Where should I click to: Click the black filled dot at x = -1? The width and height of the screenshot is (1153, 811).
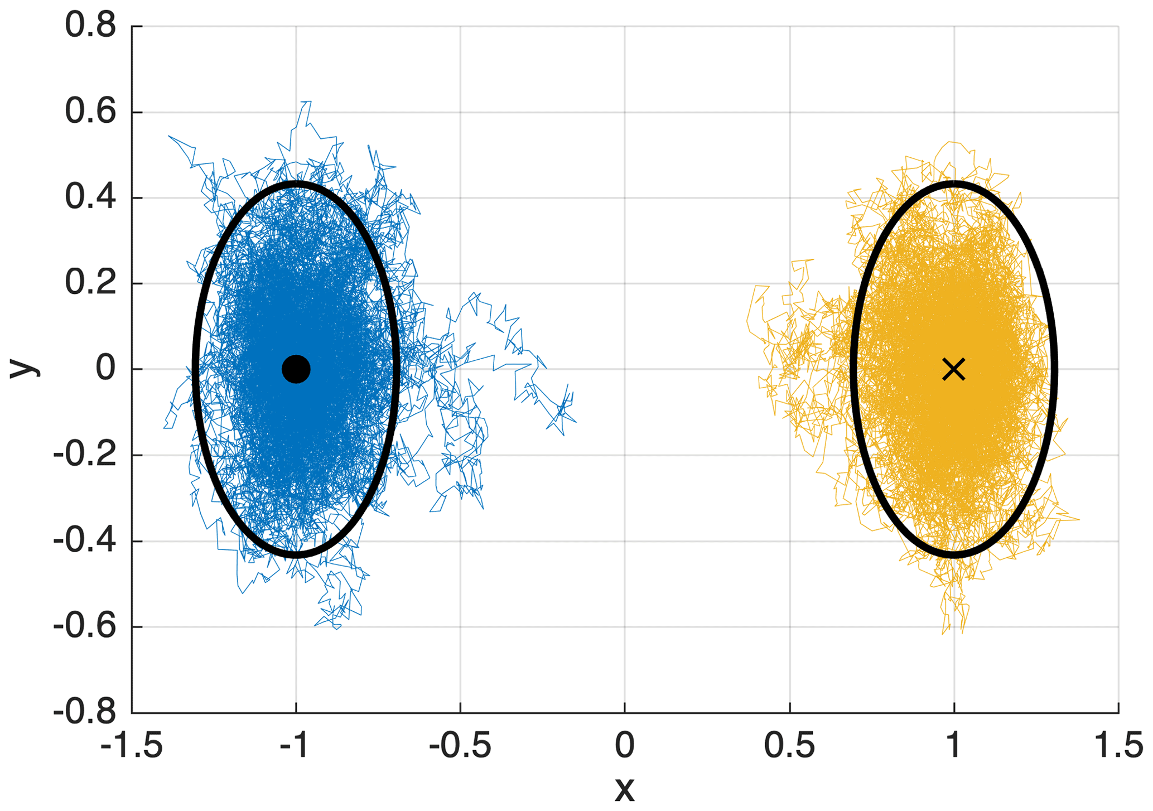(296, 369)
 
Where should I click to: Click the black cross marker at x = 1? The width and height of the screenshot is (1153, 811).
(954, 369)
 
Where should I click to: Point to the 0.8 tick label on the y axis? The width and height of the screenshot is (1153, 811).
(90, 26)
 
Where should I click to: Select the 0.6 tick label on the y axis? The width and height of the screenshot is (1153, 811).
(90, 112)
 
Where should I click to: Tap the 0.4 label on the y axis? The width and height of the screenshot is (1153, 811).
(90, 197)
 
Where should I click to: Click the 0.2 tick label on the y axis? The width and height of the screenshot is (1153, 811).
(90, 283)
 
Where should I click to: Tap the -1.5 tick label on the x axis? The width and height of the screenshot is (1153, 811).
(132, 746)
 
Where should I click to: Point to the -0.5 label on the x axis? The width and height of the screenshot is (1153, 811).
(460, 746)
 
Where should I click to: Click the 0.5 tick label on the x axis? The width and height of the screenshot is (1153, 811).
(789, 746)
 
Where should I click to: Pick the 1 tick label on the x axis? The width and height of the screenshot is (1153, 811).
(954, 746)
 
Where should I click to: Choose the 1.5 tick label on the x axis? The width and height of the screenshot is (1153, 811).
(1118, 746)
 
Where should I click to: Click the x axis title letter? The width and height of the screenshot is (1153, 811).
(625, 790)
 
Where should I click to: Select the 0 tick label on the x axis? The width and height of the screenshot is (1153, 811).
(625, 746)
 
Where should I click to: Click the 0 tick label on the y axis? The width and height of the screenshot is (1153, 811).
(105, 369)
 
